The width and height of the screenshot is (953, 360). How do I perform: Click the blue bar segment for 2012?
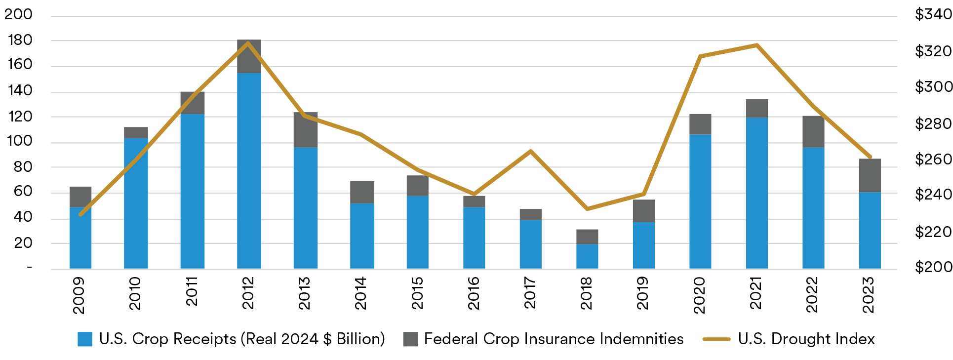click(249, 170)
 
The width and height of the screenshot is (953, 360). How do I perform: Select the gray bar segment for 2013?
click(306, 130)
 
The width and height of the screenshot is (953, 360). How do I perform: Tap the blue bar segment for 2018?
click(587, 256)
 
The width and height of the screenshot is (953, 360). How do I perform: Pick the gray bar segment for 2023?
click(870, 175)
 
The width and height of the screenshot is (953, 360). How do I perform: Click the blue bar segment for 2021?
click(757, 193)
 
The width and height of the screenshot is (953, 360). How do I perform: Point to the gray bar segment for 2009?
click(80, 197)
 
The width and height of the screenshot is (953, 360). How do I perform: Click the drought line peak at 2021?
click(757, 45)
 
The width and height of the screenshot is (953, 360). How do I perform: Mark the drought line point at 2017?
click(531, 151)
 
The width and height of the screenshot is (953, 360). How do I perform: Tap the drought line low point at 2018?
click(587, 209)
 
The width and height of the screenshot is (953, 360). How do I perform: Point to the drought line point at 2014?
click(361, 134)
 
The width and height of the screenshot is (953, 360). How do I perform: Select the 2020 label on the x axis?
click(700, 295)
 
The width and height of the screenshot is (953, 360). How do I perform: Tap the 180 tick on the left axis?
click(20, 40)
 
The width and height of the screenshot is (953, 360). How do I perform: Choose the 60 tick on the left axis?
click(23, 192)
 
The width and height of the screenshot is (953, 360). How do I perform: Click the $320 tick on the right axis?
click(933, 51)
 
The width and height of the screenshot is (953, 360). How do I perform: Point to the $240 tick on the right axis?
click(933, 195)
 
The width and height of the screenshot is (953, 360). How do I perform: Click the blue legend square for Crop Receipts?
click(85, 339)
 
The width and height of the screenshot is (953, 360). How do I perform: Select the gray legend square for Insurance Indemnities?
click(410, 339)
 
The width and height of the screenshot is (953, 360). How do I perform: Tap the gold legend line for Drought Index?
click(716, 339)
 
